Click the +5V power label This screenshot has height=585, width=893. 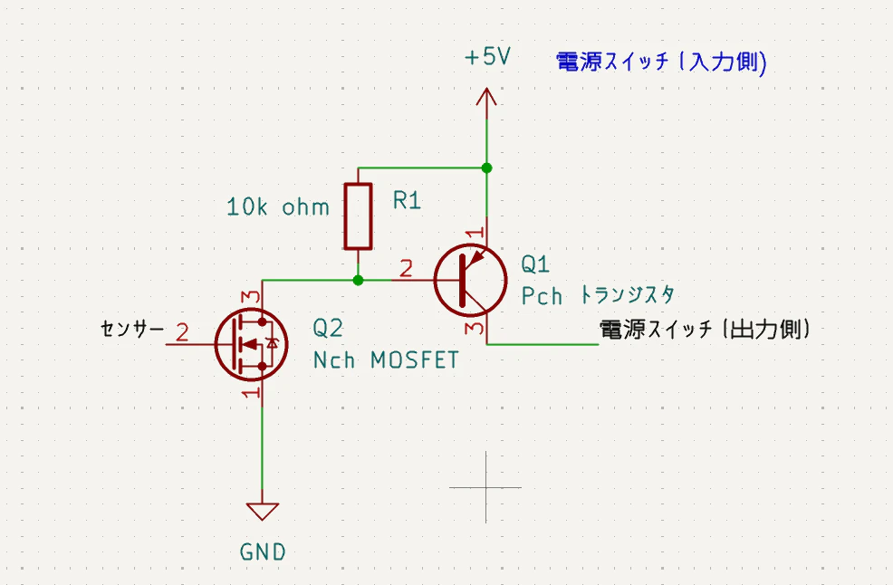[x=487, y=57]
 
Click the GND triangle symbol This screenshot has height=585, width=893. [x=262, y=511]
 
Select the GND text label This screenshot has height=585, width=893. [x=263, y=552]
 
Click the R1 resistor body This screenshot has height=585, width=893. [x=359, y=216]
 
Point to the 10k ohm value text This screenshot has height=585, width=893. [x=278, y=206]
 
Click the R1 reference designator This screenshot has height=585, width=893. [x=408, y=200]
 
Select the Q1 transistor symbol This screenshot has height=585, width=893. [x=470, y=280]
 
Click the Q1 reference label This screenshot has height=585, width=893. [x=535, y=264]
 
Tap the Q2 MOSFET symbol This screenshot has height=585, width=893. [x=252, y=344]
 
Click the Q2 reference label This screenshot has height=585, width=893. [x=328, y=328]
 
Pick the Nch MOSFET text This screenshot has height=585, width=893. [x=386, y=360]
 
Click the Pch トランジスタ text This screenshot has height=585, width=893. [x=598, y=295]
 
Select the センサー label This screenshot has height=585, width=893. [x=132, y=329]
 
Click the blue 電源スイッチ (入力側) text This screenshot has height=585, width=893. [x=661, y=62]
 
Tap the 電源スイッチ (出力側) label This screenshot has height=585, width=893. [x=705, y=330]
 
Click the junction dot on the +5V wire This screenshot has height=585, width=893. [x=486, y=168]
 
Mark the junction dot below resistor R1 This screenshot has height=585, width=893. [x=359, y=280]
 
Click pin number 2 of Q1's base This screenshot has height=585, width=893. [x=406, y=268]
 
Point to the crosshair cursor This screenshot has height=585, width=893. [x=485, y=487]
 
